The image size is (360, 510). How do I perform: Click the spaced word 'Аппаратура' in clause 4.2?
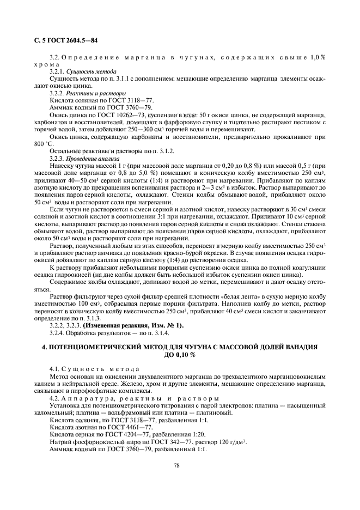click(87, 398)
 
